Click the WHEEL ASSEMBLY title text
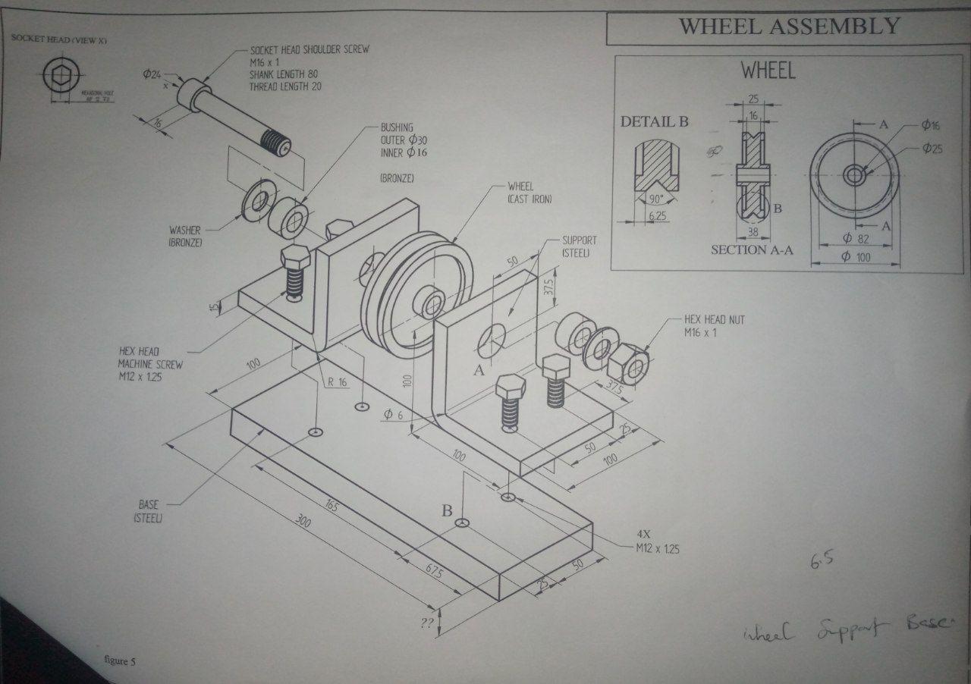pos(789,27)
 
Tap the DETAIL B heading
pos(654,121)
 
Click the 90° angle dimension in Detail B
pos(656,199)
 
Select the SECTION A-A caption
pos(752,249)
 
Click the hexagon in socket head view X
pos(58,75)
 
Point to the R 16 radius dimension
pos(337,382)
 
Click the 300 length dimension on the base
pos(304,522)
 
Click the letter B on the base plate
pos(448,510)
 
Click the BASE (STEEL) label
pos(148,510)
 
